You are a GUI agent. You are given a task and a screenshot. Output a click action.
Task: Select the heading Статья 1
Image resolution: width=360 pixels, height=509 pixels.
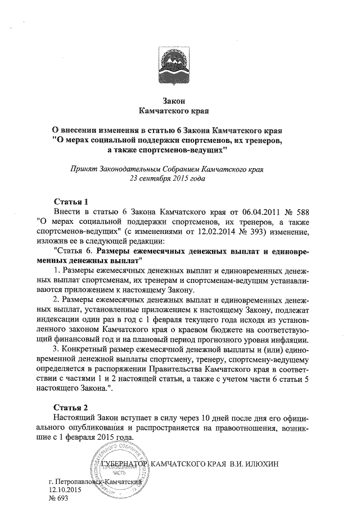[71, 201]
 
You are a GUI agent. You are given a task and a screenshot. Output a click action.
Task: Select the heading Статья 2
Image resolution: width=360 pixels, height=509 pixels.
[71, 407]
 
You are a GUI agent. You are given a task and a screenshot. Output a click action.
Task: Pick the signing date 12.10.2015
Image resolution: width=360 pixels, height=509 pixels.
[65, 490]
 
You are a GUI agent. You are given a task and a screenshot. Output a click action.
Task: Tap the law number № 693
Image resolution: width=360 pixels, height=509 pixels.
[58, 499]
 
